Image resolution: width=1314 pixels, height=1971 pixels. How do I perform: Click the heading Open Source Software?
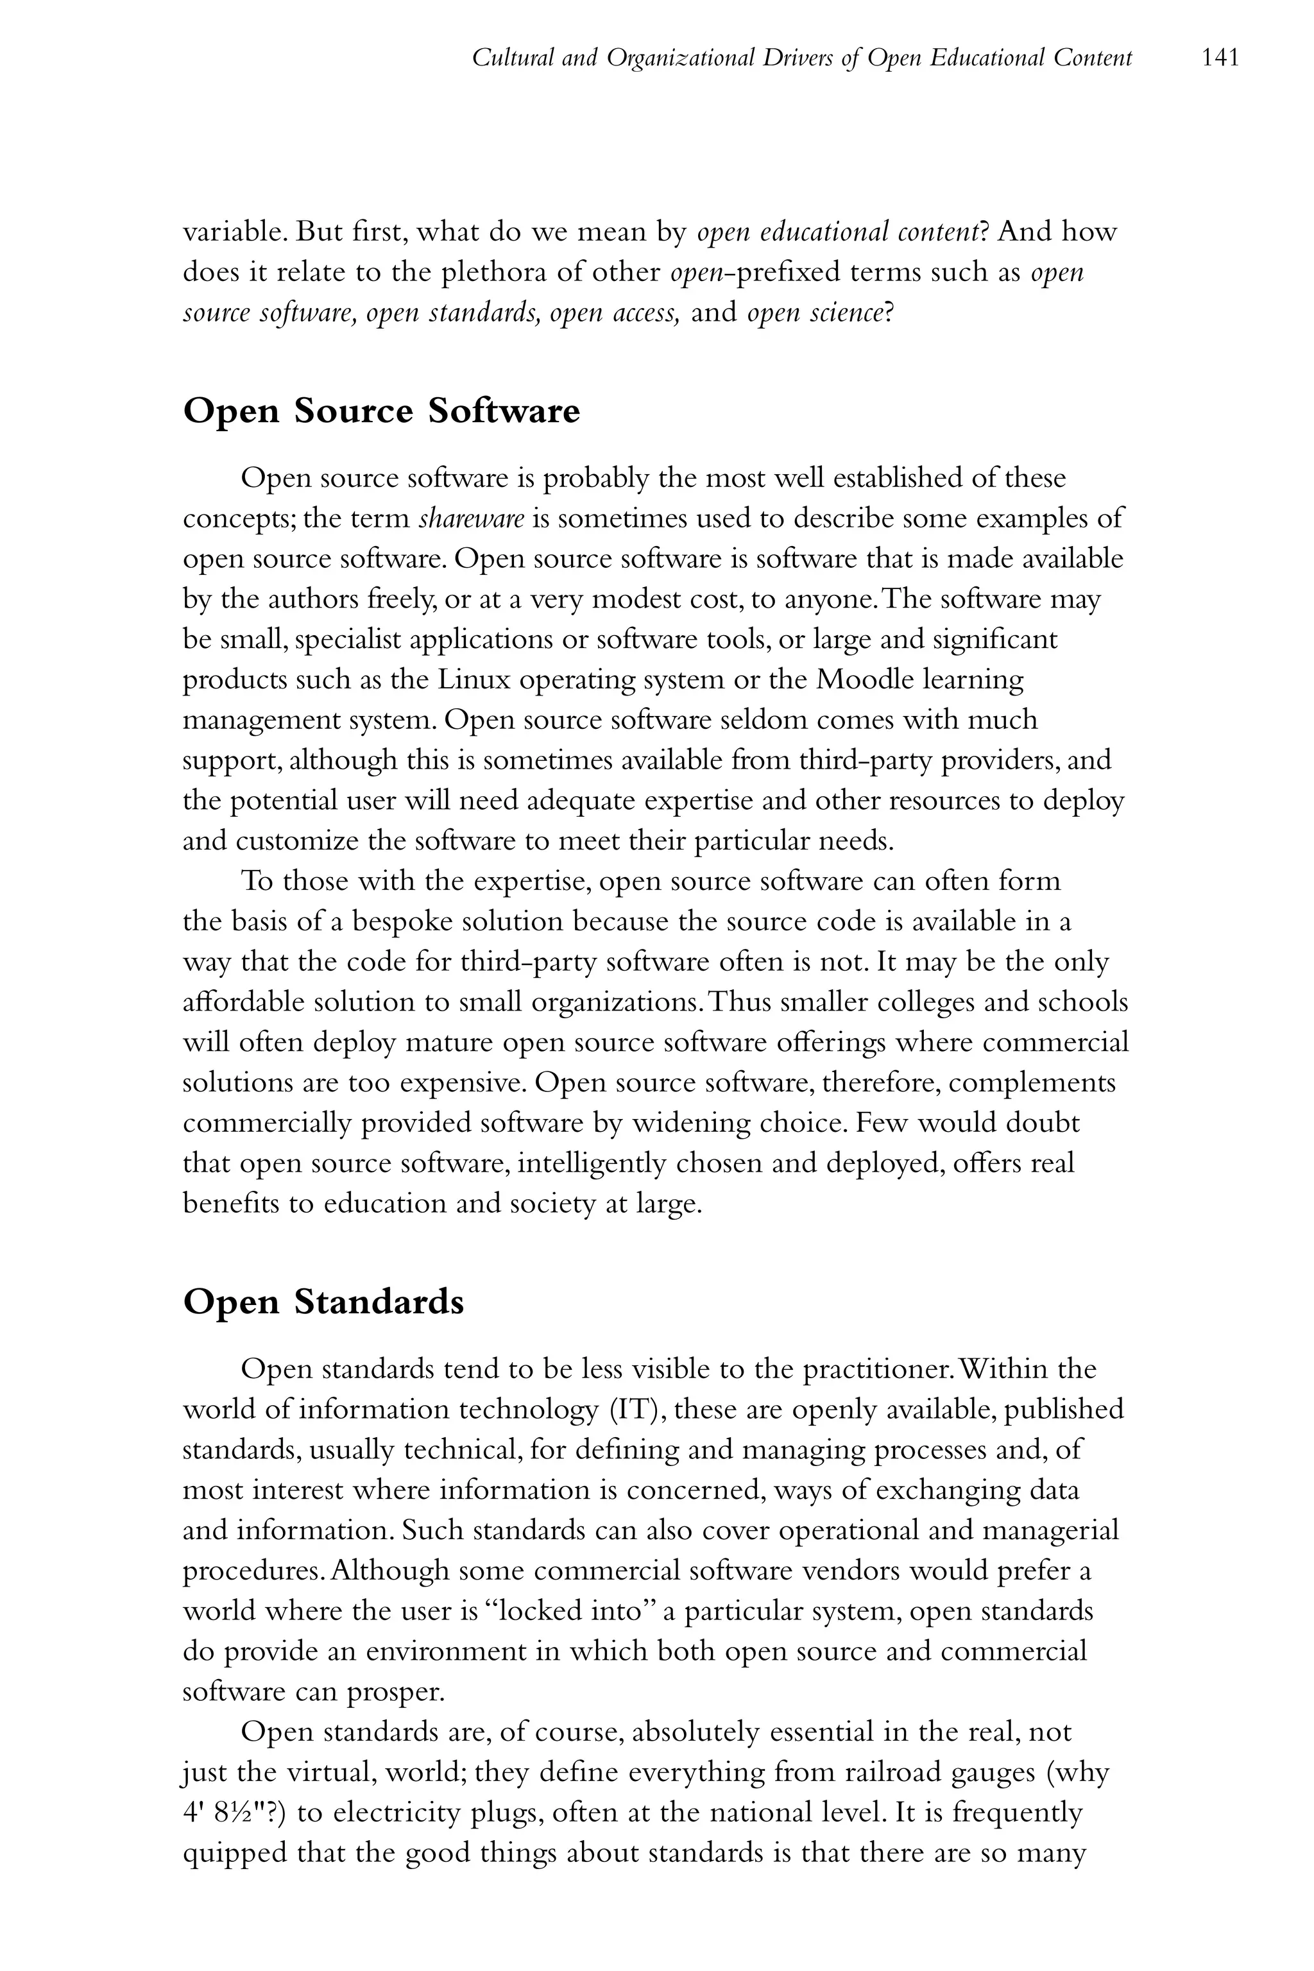coord(381,411)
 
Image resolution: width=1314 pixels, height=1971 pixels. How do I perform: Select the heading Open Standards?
coord(323,1302)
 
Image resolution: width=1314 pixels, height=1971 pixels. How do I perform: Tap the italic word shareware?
coord(471,518)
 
